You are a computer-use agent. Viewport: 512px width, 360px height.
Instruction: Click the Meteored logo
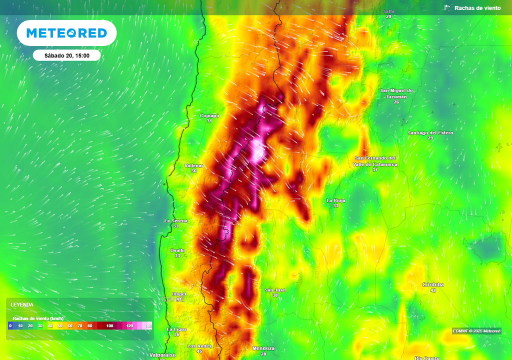point(66,33)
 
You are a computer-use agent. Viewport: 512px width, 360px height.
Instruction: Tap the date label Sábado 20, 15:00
point(67,55)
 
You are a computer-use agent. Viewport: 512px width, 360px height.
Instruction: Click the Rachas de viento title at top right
point(477,8)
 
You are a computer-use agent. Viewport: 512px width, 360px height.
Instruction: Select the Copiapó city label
point(209,115)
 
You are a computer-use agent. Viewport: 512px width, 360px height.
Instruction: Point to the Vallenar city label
point(194,165)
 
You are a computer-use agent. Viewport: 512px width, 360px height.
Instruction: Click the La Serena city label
point(176,220)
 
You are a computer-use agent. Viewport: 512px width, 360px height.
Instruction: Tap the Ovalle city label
point(177,250)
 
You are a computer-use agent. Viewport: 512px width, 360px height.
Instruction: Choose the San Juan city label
point(275,290)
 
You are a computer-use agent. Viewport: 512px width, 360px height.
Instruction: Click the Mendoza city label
point(263,348)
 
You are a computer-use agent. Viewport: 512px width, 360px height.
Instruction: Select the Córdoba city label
point(433,284)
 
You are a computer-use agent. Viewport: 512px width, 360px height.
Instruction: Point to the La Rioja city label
point(336,200)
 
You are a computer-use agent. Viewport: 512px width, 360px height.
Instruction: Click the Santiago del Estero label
point(430,133)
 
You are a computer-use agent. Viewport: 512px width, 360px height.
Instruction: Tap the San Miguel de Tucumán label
point(396,93)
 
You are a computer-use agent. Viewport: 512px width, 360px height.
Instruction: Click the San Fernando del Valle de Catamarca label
point(375,161)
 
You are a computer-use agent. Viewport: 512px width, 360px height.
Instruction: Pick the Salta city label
point(388,11)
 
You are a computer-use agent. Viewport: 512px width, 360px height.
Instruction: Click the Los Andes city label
point(199,346)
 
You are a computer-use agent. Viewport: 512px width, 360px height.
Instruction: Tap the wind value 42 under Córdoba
point(433,290)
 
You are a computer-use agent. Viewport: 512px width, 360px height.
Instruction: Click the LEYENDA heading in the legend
point(22,304)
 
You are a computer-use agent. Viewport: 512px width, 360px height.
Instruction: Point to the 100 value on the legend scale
point(109,326)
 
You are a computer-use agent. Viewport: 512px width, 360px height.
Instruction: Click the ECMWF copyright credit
point(476,331)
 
